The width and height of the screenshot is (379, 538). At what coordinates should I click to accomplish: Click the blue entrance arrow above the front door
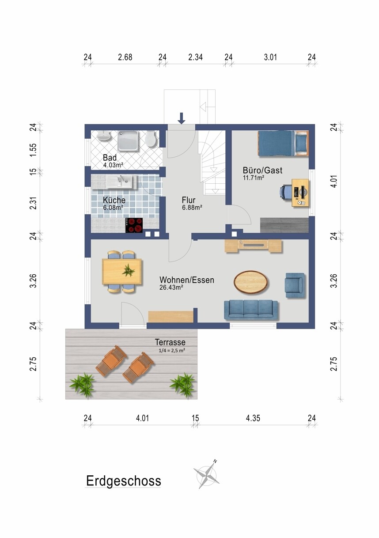[182, 118]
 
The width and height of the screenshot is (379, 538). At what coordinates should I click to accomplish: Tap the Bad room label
[110, 158]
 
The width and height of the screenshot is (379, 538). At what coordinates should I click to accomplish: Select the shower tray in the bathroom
[128, 141]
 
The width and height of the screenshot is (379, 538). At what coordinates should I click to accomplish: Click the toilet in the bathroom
[152, 139]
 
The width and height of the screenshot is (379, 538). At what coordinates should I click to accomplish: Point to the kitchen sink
[121, 182]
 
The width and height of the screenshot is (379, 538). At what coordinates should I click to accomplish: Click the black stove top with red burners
[134, 225]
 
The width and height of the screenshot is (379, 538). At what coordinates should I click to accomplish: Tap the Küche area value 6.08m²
[113, 208]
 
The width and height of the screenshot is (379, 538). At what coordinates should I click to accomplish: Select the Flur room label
[189, 200]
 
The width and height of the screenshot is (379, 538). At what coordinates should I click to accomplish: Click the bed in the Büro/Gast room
[283, 143]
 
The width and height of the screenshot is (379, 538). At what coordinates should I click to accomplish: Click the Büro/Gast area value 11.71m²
[254, 178]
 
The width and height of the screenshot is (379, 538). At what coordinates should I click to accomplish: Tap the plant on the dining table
[129, 270]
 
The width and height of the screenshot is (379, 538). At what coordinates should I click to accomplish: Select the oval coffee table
[251, 282]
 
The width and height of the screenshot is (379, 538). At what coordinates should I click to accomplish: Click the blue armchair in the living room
[295, 285]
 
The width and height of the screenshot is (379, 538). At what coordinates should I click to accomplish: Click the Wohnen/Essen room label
[187, 280]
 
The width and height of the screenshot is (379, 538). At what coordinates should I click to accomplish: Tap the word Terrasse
[170, 342]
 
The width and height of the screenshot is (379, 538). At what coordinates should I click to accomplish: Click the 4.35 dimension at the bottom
[253, 418]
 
